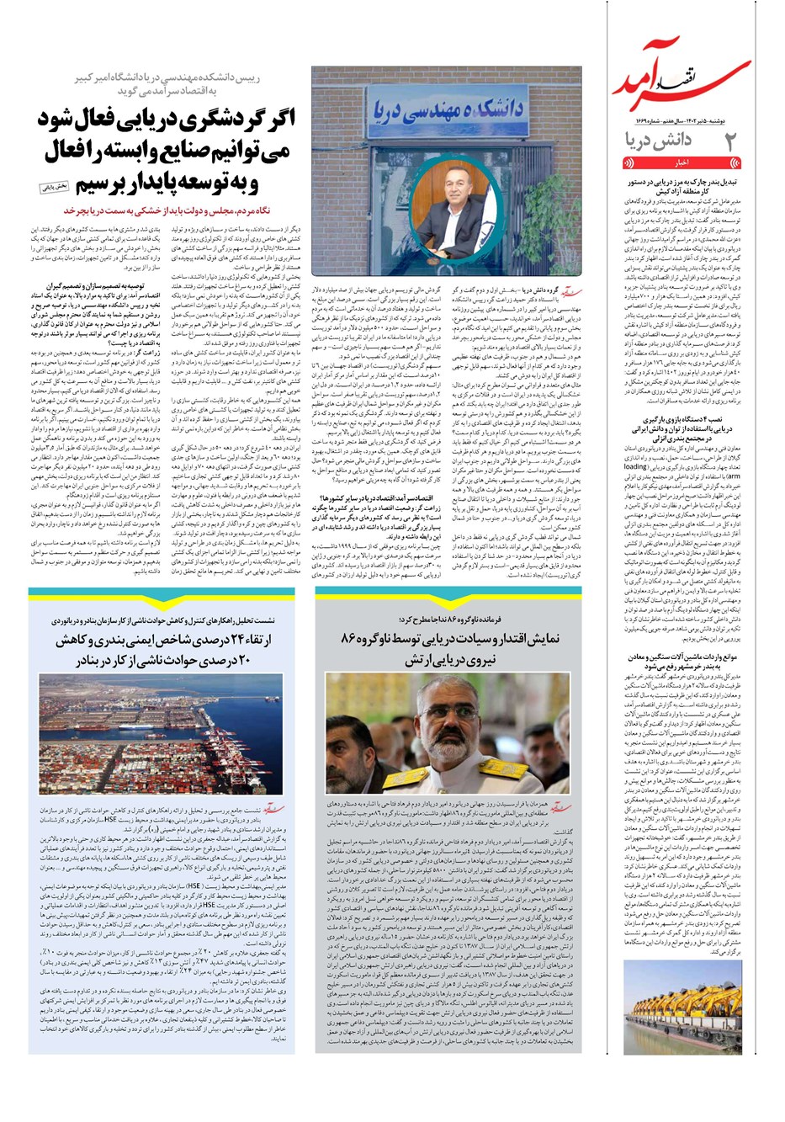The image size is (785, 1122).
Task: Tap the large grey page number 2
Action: pos(730,141)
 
